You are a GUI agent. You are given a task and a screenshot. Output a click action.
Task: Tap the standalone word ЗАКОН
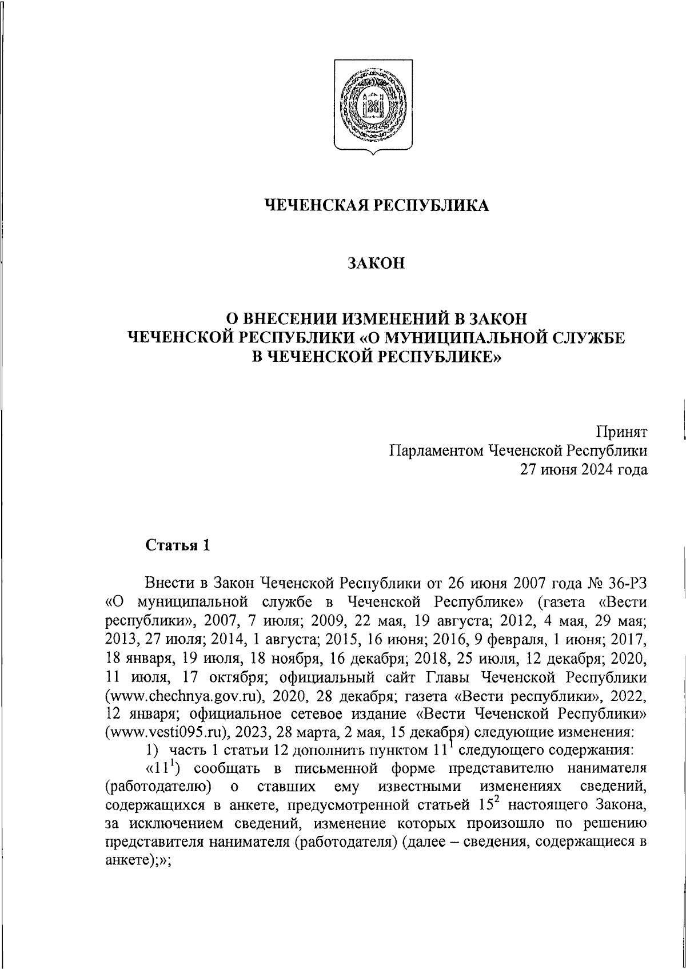[376, 263]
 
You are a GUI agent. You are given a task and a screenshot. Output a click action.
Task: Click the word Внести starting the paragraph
[169, 583]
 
